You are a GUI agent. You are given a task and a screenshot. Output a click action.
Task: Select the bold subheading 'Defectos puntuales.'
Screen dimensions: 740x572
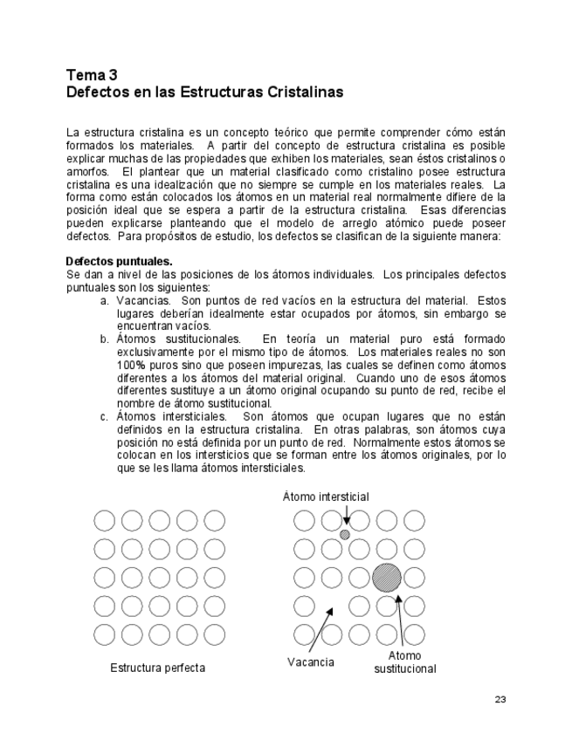click(120, 261)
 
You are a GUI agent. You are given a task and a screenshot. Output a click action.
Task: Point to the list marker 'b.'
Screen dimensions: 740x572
click(104, 339)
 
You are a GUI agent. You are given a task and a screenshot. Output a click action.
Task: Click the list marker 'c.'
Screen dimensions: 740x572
click(104, 417)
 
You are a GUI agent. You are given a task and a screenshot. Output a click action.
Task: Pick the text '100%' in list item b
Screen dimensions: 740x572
click(132, 365)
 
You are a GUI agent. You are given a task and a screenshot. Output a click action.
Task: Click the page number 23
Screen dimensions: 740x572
click(500, 699)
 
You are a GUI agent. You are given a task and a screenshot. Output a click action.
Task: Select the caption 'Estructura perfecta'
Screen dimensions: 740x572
click(158, 668)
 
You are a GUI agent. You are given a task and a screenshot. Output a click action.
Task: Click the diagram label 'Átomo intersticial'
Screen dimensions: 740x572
click(326, 497)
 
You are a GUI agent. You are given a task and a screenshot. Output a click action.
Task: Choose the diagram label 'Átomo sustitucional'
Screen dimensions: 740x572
click(404, 662)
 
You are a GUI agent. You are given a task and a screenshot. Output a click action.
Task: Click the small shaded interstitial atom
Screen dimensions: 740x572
click(345, 534)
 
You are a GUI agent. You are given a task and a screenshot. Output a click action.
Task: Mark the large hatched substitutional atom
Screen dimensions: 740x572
click(386, 578)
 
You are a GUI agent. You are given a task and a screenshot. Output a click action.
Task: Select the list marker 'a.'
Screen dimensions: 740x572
click(104, 300)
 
